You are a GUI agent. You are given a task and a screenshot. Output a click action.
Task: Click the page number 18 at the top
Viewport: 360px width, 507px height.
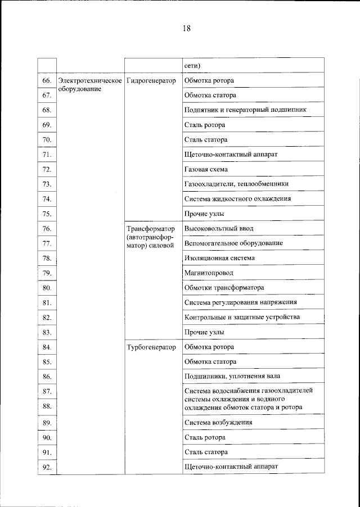pos(186,29)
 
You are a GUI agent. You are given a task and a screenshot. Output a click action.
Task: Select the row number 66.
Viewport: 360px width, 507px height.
pos(47,81)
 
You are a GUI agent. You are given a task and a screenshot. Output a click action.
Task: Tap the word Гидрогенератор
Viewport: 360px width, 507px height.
pos(152,81)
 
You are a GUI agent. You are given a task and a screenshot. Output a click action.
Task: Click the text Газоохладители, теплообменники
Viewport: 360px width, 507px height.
pos(237,184)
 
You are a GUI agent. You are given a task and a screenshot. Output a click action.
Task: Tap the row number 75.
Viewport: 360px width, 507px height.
pos(47,214)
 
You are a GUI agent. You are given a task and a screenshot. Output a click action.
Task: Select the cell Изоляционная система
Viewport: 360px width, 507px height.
pos(219,258)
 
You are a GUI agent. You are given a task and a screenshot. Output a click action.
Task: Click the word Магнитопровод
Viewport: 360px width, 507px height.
pos(209,273)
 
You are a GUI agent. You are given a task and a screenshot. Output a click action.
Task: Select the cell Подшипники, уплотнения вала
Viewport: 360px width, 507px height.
pos(232,376)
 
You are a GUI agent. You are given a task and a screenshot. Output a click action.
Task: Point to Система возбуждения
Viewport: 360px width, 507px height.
pos(218,422)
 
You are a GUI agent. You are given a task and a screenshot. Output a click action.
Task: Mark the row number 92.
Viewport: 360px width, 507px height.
pos(47,467)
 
